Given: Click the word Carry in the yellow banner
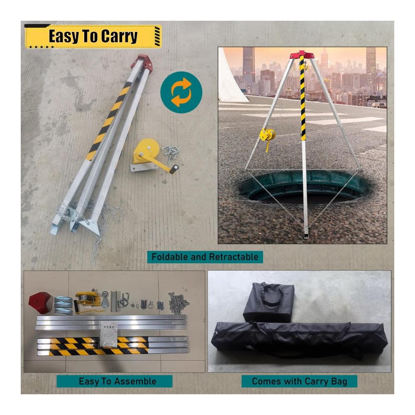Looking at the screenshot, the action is (x=120, y=36).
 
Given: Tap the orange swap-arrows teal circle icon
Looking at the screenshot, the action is (x=181, y=93).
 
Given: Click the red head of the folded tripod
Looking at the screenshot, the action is (x=144, y=63).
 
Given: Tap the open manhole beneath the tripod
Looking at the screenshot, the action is (x=304, y=187).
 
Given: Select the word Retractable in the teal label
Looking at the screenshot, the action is (x=234, y=257).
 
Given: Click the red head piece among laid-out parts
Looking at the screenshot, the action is (x=40, y=302).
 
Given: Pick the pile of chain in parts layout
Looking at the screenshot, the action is (x=178, y=303).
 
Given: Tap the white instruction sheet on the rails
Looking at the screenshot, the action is (x=108, y=334).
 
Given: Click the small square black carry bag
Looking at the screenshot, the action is (x=269, y=302).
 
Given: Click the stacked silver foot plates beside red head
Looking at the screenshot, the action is (x=63, y=305).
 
